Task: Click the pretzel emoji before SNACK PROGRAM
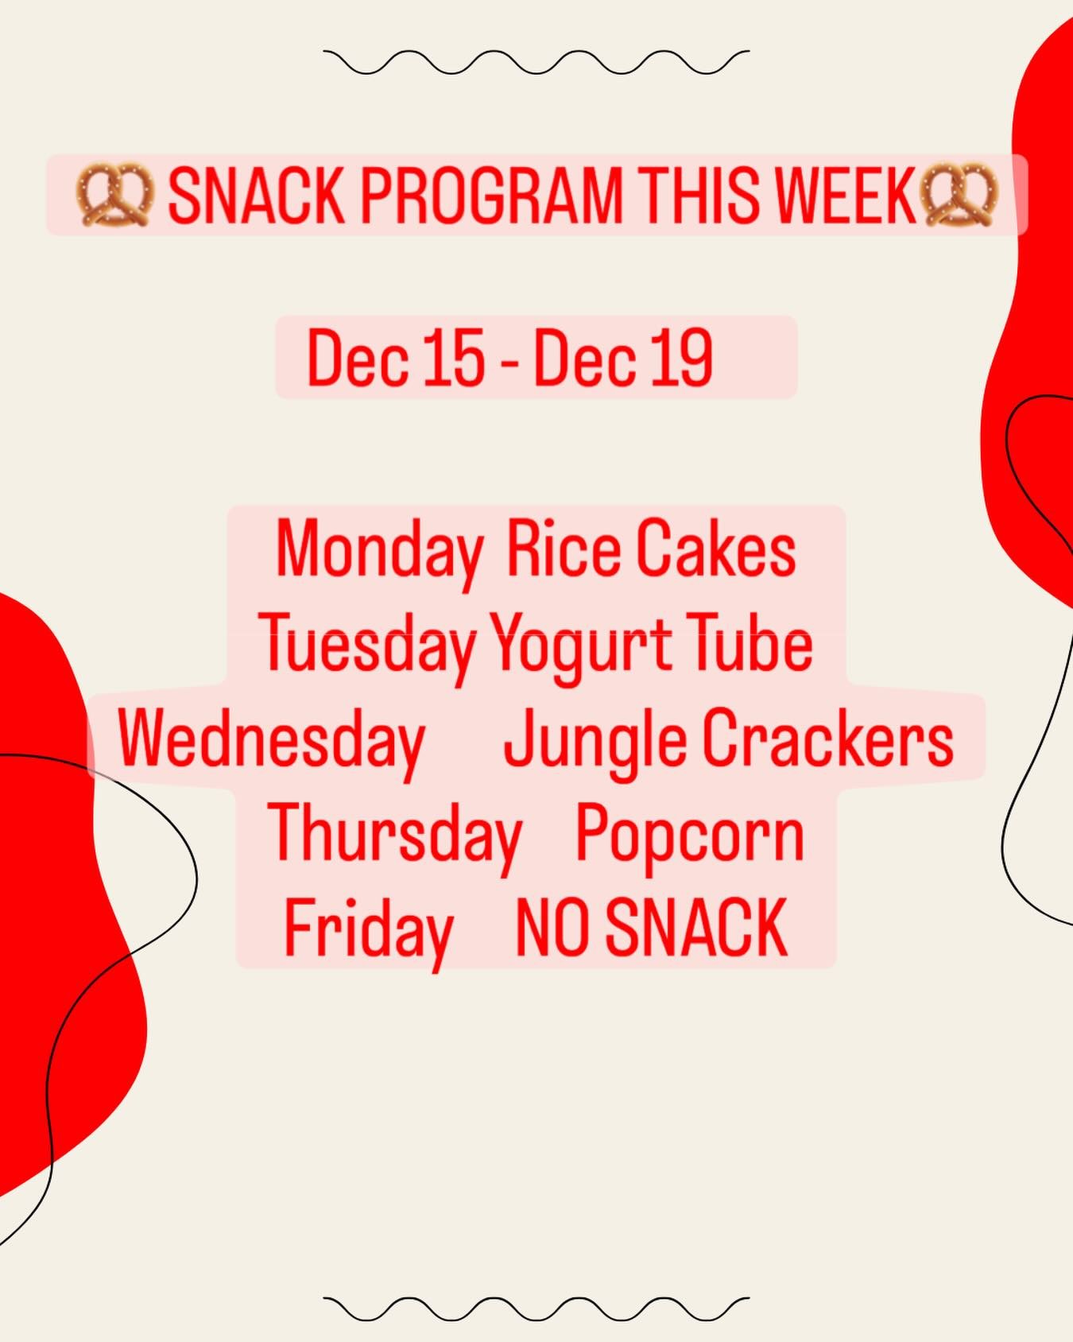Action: pos(114,194)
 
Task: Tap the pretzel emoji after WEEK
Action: pos(958,194)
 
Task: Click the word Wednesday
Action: pos(271,739)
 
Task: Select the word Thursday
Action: pos(395,835)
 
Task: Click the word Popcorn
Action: pos(689,835)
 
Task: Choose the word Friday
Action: pos(368,930)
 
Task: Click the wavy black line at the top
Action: pos(536,62)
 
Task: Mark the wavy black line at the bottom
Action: pos(536,1309)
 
